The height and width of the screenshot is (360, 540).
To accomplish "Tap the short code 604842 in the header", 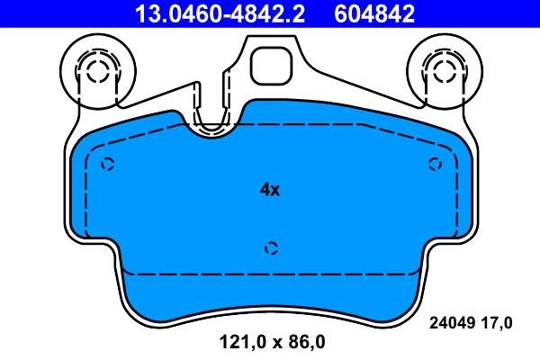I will click(x=374, y=13).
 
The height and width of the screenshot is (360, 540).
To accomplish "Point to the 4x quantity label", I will click(x=270, y=190).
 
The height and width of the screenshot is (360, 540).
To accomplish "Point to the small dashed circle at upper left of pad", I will click(x=108, y=164).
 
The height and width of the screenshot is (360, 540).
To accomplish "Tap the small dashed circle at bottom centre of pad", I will click(x=272, y=247).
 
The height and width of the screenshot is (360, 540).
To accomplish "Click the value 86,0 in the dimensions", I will click(x=305, y=342).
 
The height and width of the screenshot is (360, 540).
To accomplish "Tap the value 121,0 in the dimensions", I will click(x=237, y=342).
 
